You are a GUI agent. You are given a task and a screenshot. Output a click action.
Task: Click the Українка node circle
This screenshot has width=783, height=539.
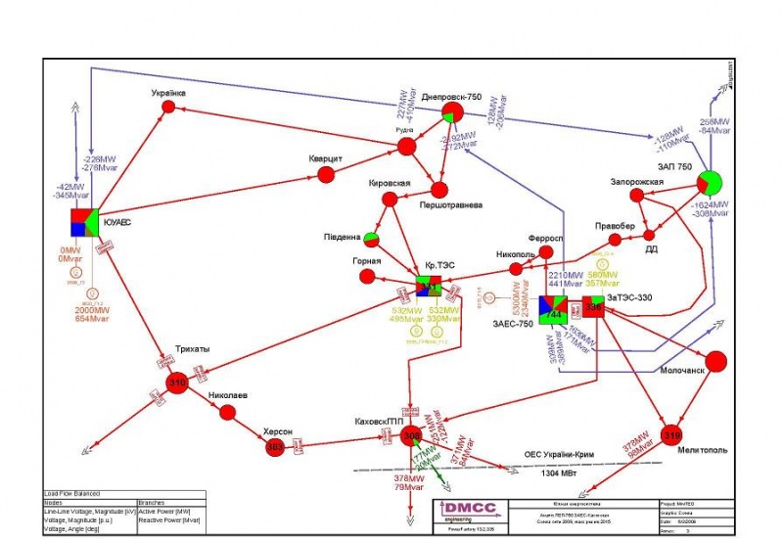pyautogui.click(x=167, y=107)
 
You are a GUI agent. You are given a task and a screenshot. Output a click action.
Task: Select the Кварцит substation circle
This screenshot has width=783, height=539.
pyautogui.click(x=326, y=176)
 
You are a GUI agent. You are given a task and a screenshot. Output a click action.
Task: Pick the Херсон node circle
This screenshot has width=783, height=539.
pyautogui.click(x=276, y=446)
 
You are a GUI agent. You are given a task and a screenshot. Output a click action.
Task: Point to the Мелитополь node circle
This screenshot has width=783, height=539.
pyautogui.click(x=671, y=434)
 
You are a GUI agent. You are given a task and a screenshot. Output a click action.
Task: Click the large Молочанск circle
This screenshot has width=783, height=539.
pyautogui.click(x=716, y=361)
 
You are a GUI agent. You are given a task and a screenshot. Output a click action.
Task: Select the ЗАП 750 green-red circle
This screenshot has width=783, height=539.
pyautogui.click(x=710, y=183)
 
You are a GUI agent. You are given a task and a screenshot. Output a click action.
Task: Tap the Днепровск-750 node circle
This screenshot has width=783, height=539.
pyautogui.click(x=452, y=114)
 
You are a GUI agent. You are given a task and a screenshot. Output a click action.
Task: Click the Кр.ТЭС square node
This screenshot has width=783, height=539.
pyautogui.click(x=429, y=287)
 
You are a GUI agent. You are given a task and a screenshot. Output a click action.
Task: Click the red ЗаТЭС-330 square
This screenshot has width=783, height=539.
pyautogui.click(x=594, y=307)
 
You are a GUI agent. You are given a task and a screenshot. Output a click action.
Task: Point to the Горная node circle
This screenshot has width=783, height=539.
pyautogui.click(x=370, y=278)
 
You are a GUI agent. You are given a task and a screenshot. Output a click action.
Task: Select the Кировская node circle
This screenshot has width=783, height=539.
pyautogui.click(x=390, y=200)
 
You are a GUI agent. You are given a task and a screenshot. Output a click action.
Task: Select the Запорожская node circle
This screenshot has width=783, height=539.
pyautogui.click(x=637, y=196)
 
